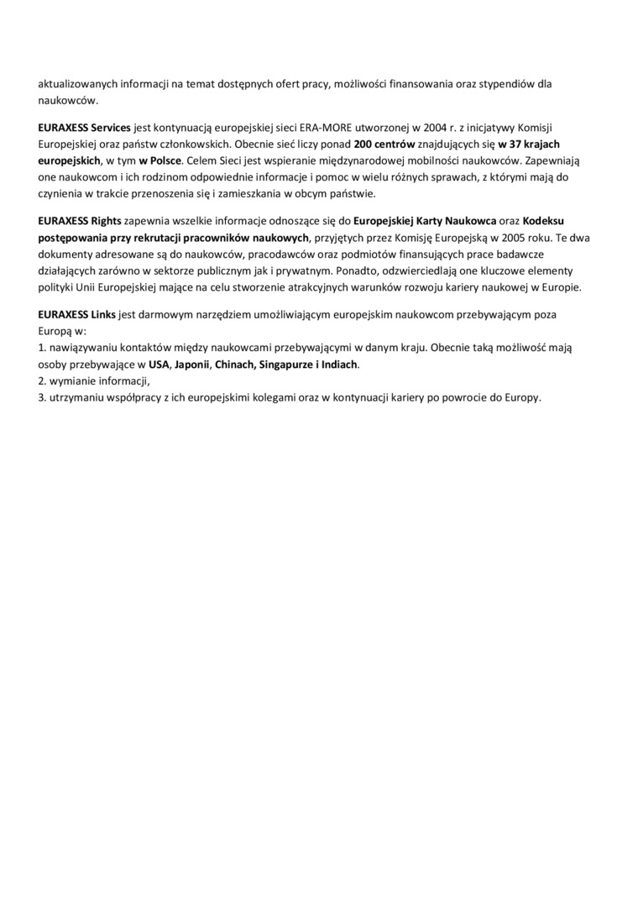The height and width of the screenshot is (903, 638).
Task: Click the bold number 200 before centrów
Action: tap(363, 144)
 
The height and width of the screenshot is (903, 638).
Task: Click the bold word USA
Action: tap(158, 365)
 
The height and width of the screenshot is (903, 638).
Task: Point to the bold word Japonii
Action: tap(192, 365)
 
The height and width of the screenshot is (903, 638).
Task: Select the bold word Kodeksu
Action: tap(544, 221)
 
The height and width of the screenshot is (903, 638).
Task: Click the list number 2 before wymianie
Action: tap(41, 381)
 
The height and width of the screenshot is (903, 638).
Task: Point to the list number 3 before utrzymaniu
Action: tap(41, 397)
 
